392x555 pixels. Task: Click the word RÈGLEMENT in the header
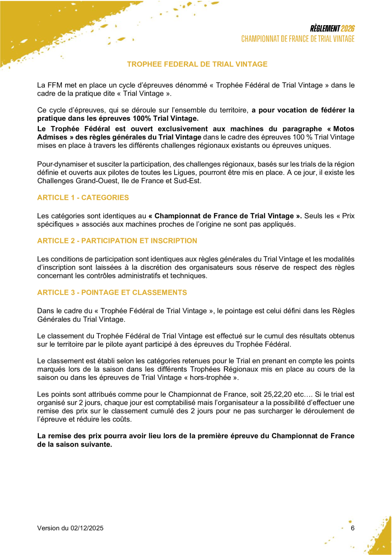[325, 29]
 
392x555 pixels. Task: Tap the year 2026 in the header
[348, 29]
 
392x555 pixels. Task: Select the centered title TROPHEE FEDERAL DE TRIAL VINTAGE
[197, 64]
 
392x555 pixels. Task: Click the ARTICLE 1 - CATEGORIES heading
[83, 198]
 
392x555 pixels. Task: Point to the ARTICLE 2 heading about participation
[117, 241]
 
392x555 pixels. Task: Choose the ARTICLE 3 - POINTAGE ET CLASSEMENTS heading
[112, 292]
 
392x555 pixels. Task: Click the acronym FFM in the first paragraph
[54, 85]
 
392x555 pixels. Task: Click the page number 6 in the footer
[352, 528]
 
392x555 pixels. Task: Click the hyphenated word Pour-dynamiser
[59, 164]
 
